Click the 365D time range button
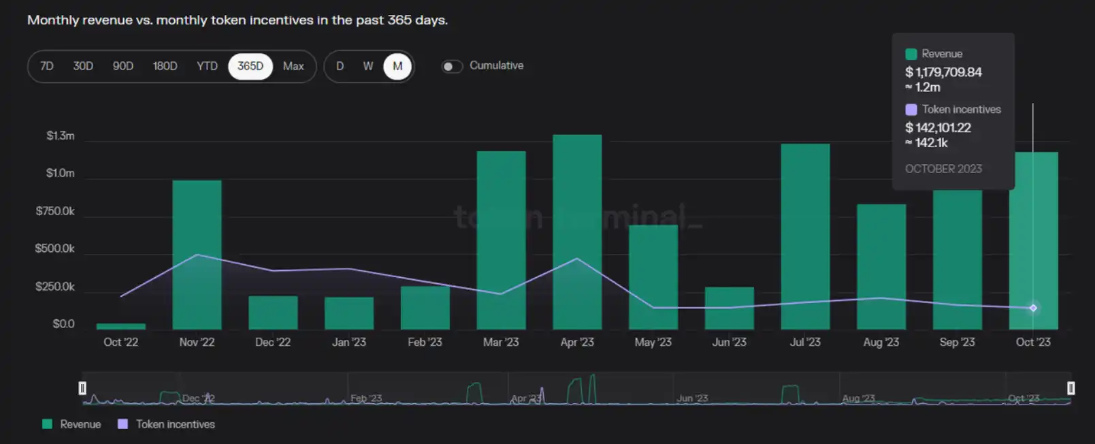[250, 66]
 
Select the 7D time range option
[46, 66]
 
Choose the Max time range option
[293, 66]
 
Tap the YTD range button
[207, 66]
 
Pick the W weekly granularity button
[367, 66]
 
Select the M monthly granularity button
[397, 66]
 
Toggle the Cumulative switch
[452, 66]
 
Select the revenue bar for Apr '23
[577, 232]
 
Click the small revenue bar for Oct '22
[121, 326]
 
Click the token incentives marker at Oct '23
[1033, 308]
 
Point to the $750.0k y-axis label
[55, 211]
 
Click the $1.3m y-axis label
[60, 136]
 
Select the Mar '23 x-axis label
[501, 342]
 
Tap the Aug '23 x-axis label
[881, 342]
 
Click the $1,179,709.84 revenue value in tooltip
[943, 72]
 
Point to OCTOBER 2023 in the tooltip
[943, 169]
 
